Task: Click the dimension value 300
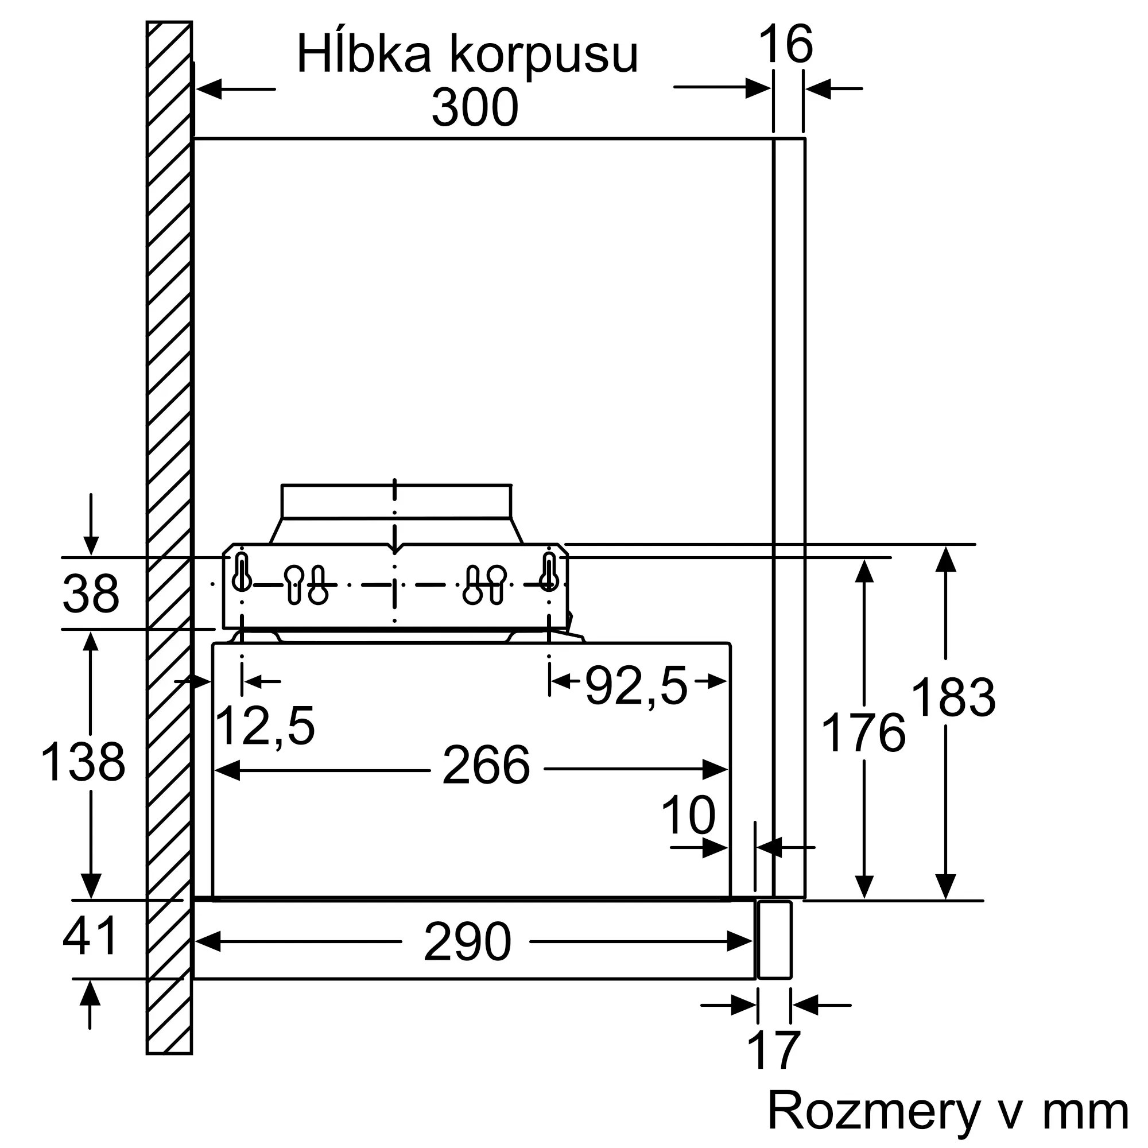(475, 107)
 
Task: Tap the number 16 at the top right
(786, 45)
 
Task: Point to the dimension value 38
(91, 594)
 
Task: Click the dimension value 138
(83, 762)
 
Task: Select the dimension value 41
(90, 936)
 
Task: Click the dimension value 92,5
(637, 687)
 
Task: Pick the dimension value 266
(486, 766)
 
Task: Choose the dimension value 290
(468, 942)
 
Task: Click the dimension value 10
(688, 816)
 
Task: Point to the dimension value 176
(863, 734)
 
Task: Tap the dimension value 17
(774, 1052)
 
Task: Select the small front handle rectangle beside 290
(775, 940)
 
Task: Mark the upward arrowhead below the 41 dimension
(90, 993)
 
